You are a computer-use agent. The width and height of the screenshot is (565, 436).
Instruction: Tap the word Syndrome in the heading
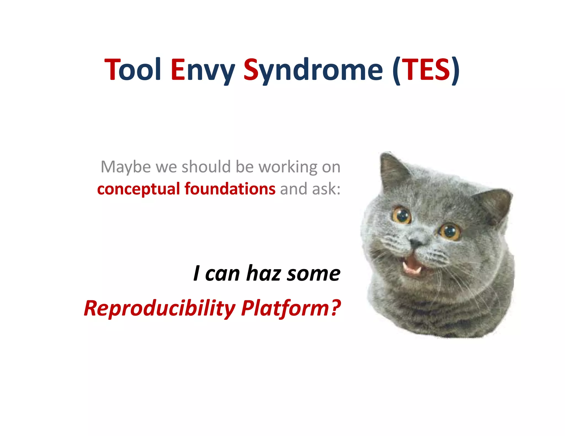(x=313, y=70)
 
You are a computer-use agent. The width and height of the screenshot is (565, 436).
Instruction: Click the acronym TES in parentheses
(x=427, y=70)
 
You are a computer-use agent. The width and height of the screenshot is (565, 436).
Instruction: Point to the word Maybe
(x=126, y=167)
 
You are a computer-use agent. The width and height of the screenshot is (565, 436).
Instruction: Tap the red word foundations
(x=230, y=189)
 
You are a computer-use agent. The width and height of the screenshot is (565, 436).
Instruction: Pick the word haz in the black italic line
(x=263, y=273)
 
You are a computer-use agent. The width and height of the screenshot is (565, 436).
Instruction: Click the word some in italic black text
(x=313, y=274)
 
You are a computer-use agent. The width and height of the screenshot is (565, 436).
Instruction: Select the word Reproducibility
(x=160, y=308)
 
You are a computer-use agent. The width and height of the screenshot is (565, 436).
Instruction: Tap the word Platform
(x=285, y=308)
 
